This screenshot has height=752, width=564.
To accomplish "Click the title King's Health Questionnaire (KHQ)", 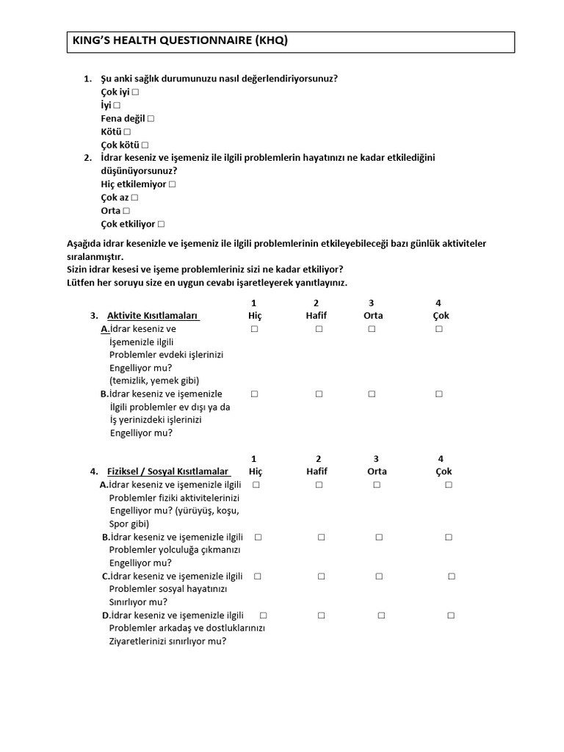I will (179, 41).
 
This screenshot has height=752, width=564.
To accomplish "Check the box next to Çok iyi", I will (136, 93).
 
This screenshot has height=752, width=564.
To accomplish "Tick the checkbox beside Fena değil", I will (151, 119).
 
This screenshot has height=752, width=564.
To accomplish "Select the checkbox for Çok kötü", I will (145, 145).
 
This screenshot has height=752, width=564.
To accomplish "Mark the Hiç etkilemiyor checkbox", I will (172, 184).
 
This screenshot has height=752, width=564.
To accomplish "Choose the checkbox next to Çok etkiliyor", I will (161, 224).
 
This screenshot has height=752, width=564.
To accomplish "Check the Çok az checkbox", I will (134, 198).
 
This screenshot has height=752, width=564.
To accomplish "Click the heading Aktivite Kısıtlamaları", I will (153, 316).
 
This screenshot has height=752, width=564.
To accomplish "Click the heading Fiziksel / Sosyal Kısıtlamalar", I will (169, 471).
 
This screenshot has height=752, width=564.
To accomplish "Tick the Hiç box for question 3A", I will (254, 330).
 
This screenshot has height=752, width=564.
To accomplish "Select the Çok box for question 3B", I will (438, 394).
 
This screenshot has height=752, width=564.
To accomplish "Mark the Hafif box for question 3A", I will (319, 330).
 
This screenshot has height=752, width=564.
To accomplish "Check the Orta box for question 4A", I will (376, 485).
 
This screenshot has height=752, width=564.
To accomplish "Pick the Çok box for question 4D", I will (451, 615).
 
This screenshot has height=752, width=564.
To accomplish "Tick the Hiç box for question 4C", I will (258, 576).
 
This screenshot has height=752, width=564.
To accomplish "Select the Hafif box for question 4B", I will (321, 538).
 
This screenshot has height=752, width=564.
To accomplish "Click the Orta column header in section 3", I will (372, 316).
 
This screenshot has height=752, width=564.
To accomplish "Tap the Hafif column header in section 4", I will (317, 471).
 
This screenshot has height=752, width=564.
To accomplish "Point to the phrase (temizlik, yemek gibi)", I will (153, 380).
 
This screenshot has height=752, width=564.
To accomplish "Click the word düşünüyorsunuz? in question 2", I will (139, 171).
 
